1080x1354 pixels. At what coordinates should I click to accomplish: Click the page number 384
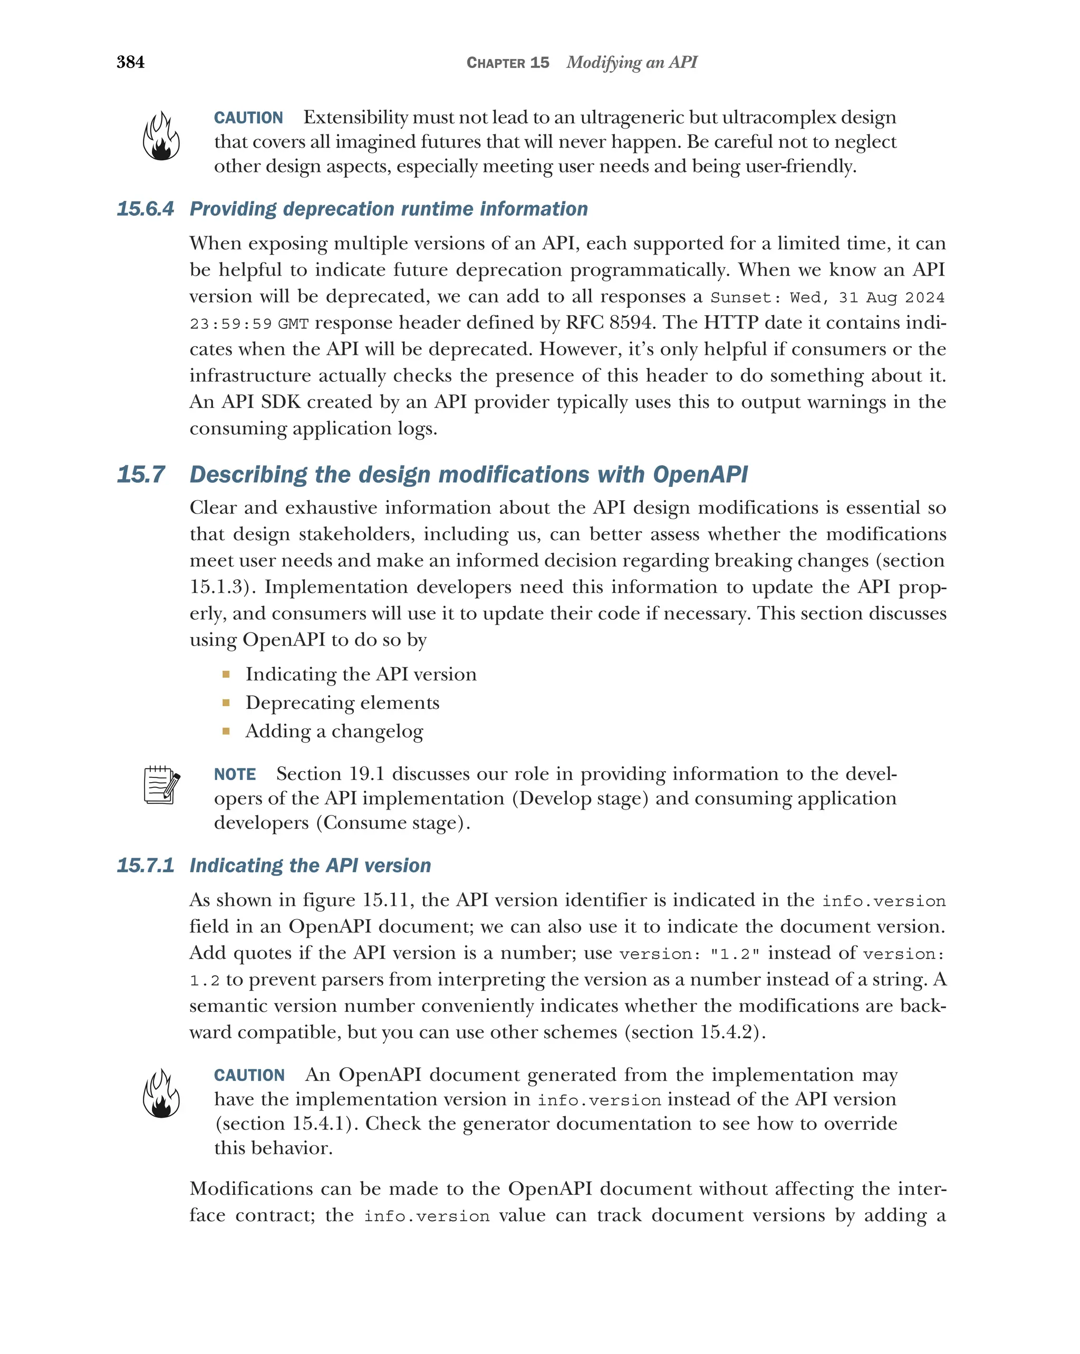point(130,62)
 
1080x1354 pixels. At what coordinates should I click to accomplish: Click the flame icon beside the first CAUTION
point(161,137)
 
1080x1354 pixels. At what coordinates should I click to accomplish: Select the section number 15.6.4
point(145,209)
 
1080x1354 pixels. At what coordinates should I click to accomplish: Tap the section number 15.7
point(141,475)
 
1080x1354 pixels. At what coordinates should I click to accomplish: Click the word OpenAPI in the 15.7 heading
point(700,475)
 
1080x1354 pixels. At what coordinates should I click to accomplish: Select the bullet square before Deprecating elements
point(226,703)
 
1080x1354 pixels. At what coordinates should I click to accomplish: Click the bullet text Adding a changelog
point(334,731)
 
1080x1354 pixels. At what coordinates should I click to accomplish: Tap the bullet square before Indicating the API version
point(226,675)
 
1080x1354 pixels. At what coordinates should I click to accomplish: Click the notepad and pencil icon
point(161,785)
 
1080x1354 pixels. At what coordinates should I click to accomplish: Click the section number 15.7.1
point(145,865)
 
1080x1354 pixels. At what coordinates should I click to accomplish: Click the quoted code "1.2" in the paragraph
point(735,954)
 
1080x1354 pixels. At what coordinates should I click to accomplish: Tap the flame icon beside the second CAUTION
point(161,1094)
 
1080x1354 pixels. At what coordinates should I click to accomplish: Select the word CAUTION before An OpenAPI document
point(249,1075)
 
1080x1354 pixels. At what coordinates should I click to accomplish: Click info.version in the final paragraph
point(427,1216)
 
